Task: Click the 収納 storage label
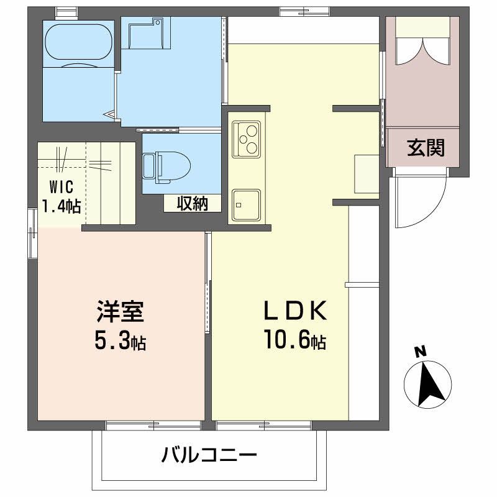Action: tap(191, 203)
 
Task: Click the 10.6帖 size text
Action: tap(295, 340)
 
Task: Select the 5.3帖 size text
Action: tap(121, 340)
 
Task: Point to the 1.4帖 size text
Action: tap(61, 206)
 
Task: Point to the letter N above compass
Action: tap(421, 352)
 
